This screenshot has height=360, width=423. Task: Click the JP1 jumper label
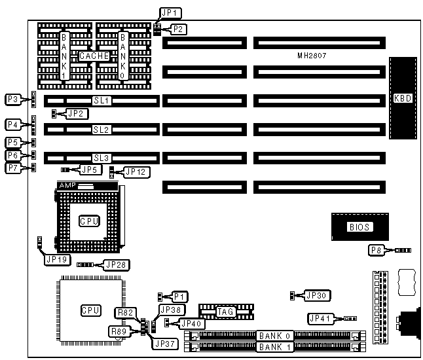pos(170,12)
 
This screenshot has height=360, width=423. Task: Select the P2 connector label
pos(179,29)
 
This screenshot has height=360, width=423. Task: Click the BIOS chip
pos(359,227)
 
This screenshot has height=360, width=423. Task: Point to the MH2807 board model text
pos(311,56)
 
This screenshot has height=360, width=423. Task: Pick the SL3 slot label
pos(101,158)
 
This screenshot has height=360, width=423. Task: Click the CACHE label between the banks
pos(92,56)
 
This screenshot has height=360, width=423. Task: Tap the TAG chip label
pos(226,312)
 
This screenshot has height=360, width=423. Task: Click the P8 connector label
pos(376,250)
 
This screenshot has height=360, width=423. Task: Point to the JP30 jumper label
pos(315,295)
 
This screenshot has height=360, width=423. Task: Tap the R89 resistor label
pos(120,331)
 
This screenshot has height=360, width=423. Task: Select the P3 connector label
pos(13,99)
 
